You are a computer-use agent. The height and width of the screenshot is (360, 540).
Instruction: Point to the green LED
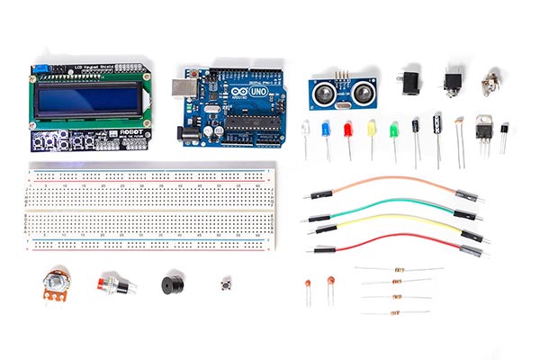pyautogui.click(x=393, y=130)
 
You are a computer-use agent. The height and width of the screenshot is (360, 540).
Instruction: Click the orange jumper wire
pyautogui.click(x=387, y=180)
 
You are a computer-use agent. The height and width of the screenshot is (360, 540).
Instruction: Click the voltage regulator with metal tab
pyautogui.click(x=482, y=130)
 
